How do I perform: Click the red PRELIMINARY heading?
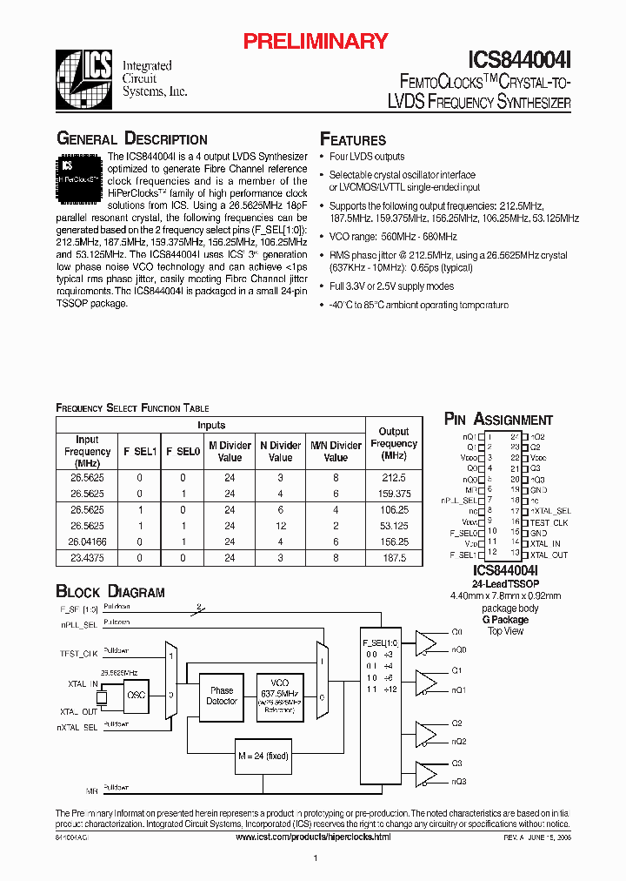(x=315, y=41)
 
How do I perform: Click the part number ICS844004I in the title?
(x=520, y=58)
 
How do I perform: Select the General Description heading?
(x=131, y=139)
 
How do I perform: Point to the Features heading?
(x=353, y=140)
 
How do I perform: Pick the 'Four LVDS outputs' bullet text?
(x=366, y=157)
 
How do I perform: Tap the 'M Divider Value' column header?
(x=230, y=452)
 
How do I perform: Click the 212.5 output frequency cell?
(x=394, y=477)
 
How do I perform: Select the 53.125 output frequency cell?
(x=394, y=526)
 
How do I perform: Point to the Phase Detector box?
(x=222, y=696)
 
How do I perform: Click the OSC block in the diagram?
(x=136, y=695)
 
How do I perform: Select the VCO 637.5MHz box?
(x=280, y=695)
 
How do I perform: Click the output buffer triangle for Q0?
(x=426, y=642)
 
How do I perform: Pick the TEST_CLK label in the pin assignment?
(x=549, y=522)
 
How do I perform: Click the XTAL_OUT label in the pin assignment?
(x=549, y=555)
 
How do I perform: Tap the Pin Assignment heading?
(x=498, y=420)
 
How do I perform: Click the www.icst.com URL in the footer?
(x=313, y=837)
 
